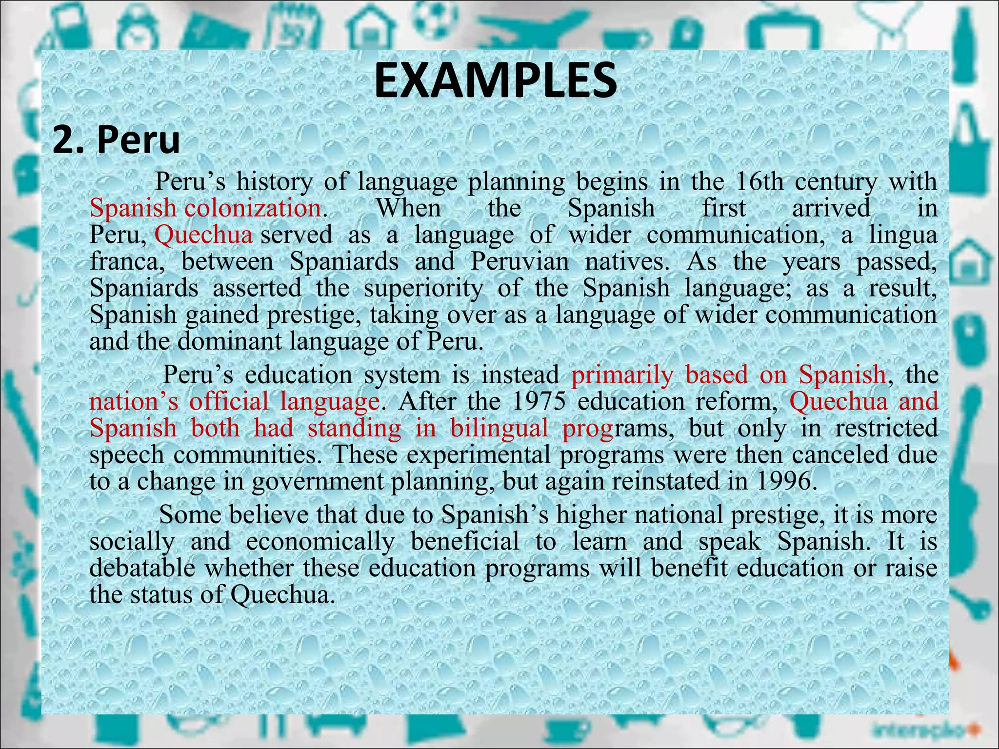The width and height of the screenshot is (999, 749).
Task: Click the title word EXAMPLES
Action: click(x=495, y=81)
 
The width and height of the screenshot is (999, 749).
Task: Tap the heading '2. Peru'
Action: click(x=116, y=140)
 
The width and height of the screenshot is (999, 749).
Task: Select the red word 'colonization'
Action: click(x=253, y=208)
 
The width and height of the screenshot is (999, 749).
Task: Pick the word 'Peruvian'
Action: click(x=520, y=262)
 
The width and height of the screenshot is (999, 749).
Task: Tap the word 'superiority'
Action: click(x=423, y=288)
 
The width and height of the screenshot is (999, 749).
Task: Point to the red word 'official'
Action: click(x=229, y=402)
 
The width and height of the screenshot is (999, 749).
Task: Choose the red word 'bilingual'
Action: click(x=499, y=429)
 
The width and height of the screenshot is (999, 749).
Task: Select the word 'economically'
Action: click(x=320, y=542)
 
